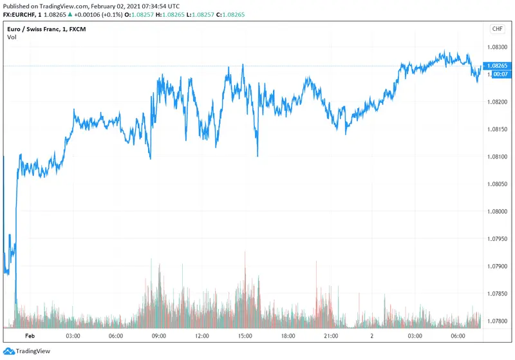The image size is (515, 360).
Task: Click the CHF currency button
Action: click(x=497, y=29)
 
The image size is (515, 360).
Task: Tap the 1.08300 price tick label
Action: click(x=499, y=47)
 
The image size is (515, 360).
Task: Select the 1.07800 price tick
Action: click(x=499, y=321)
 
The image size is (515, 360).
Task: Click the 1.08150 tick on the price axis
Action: click(x=499, y=129)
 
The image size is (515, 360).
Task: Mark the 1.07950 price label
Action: click(x=499, y=239)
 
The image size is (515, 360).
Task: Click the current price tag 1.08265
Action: click(x=499, y=66)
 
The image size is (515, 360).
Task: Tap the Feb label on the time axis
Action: click(x=29, y=336)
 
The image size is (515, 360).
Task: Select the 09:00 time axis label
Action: click(x=159, y=336)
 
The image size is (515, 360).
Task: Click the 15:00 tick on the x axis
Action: click(x=245, y=336)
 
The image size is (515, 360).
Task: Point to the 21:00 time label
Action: click(x=331, y=336)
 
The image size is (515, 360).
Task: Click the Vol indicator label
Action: click(x=12, y=37)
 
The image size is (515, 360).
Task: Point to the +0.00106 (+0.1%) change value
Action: click(x=88, y=14)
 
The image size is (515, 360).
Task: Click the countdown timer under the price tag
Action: click(x=498, y=74)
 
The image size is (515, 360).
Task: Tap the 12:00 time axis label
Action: click(x=202, y=336)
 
